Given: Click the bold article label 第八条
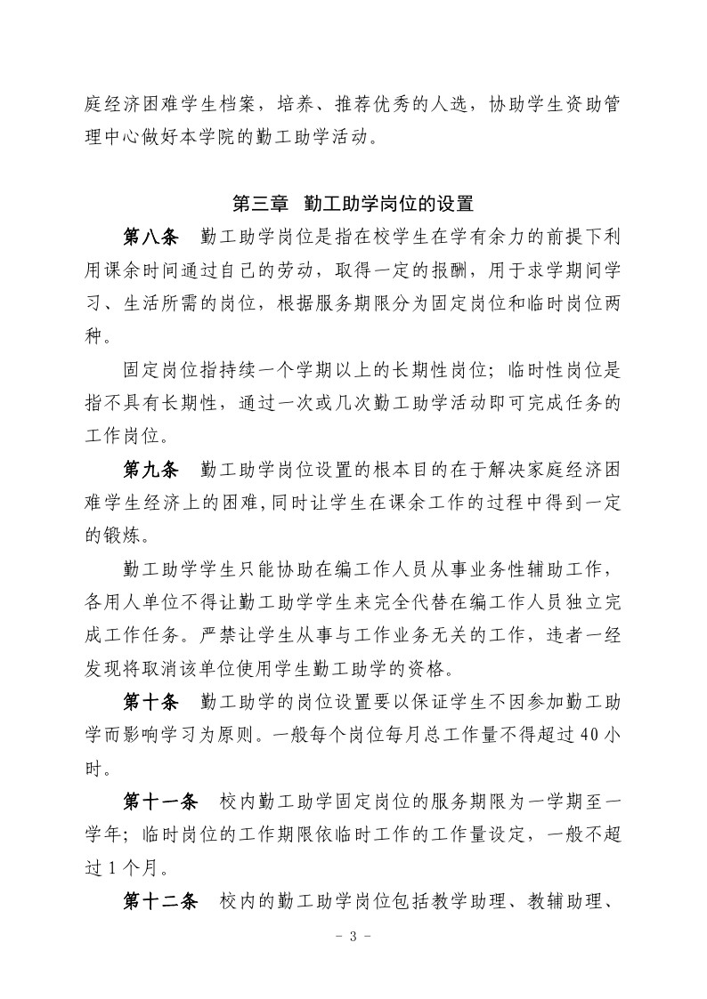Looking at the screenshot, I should click(150, 238).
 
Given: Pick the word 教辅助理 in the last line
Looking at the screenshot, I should click(551, 902).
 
